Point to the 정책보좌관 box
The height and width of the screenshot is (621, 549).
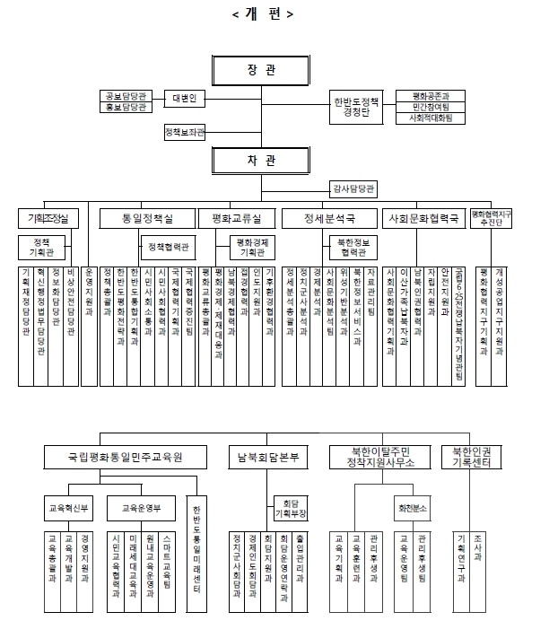point(184,133)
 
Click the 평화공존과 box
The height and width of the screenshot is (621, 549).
point(430,93)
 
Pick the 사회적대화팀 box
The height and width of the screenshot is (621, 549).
point(430,117)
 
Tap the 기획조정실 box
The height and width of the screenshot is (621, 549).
point(48,218)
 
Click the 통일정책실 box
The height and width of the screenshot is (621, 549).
point(146,218)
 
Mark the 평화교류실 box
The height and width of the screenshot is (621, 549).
point(236,218)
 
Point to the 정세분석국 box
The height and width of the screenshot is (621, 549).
point(329,218)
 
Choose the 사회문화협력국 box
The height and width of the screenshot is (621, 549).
point(422,218)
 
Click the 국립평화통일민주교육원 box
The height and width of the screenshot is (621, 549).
point(126,457)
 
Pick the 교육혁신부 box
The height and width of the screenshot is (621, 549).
point(68,508)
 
